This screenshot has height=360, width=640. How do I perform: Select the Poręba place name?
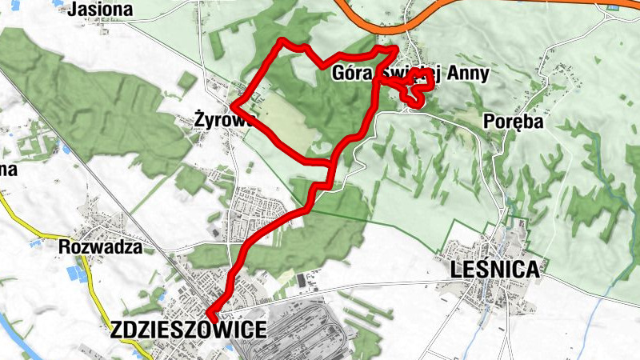[514, 122]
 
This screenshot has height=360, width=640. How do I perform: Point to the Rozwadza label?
[100, 247]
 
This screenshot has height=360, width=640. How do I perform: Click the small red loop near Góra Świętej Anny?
[418, 90]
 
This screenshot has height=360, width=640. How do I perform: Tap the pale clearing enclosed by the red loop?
[284, 120]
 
